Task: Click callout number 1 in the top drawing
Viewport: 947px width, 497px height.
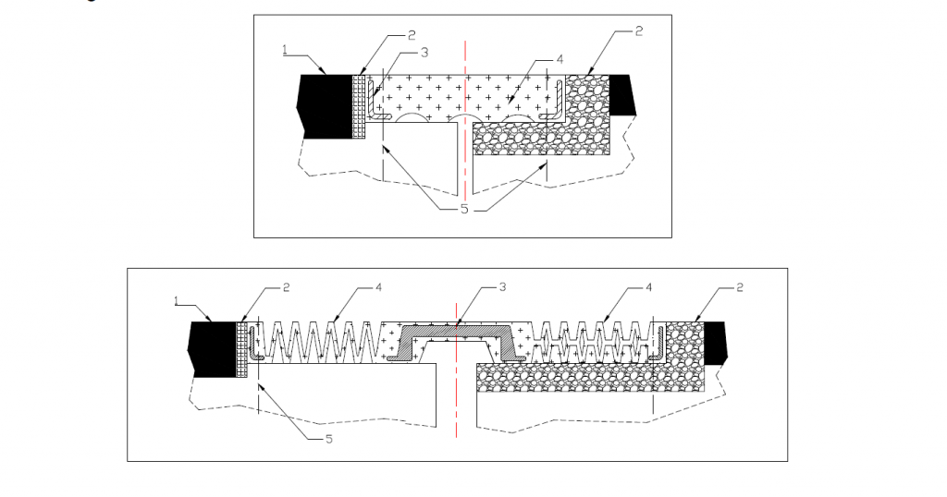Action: (x=286, y=49)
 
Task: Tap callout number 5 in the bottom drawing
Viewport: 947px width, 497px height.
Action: (x=328, y=439)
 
